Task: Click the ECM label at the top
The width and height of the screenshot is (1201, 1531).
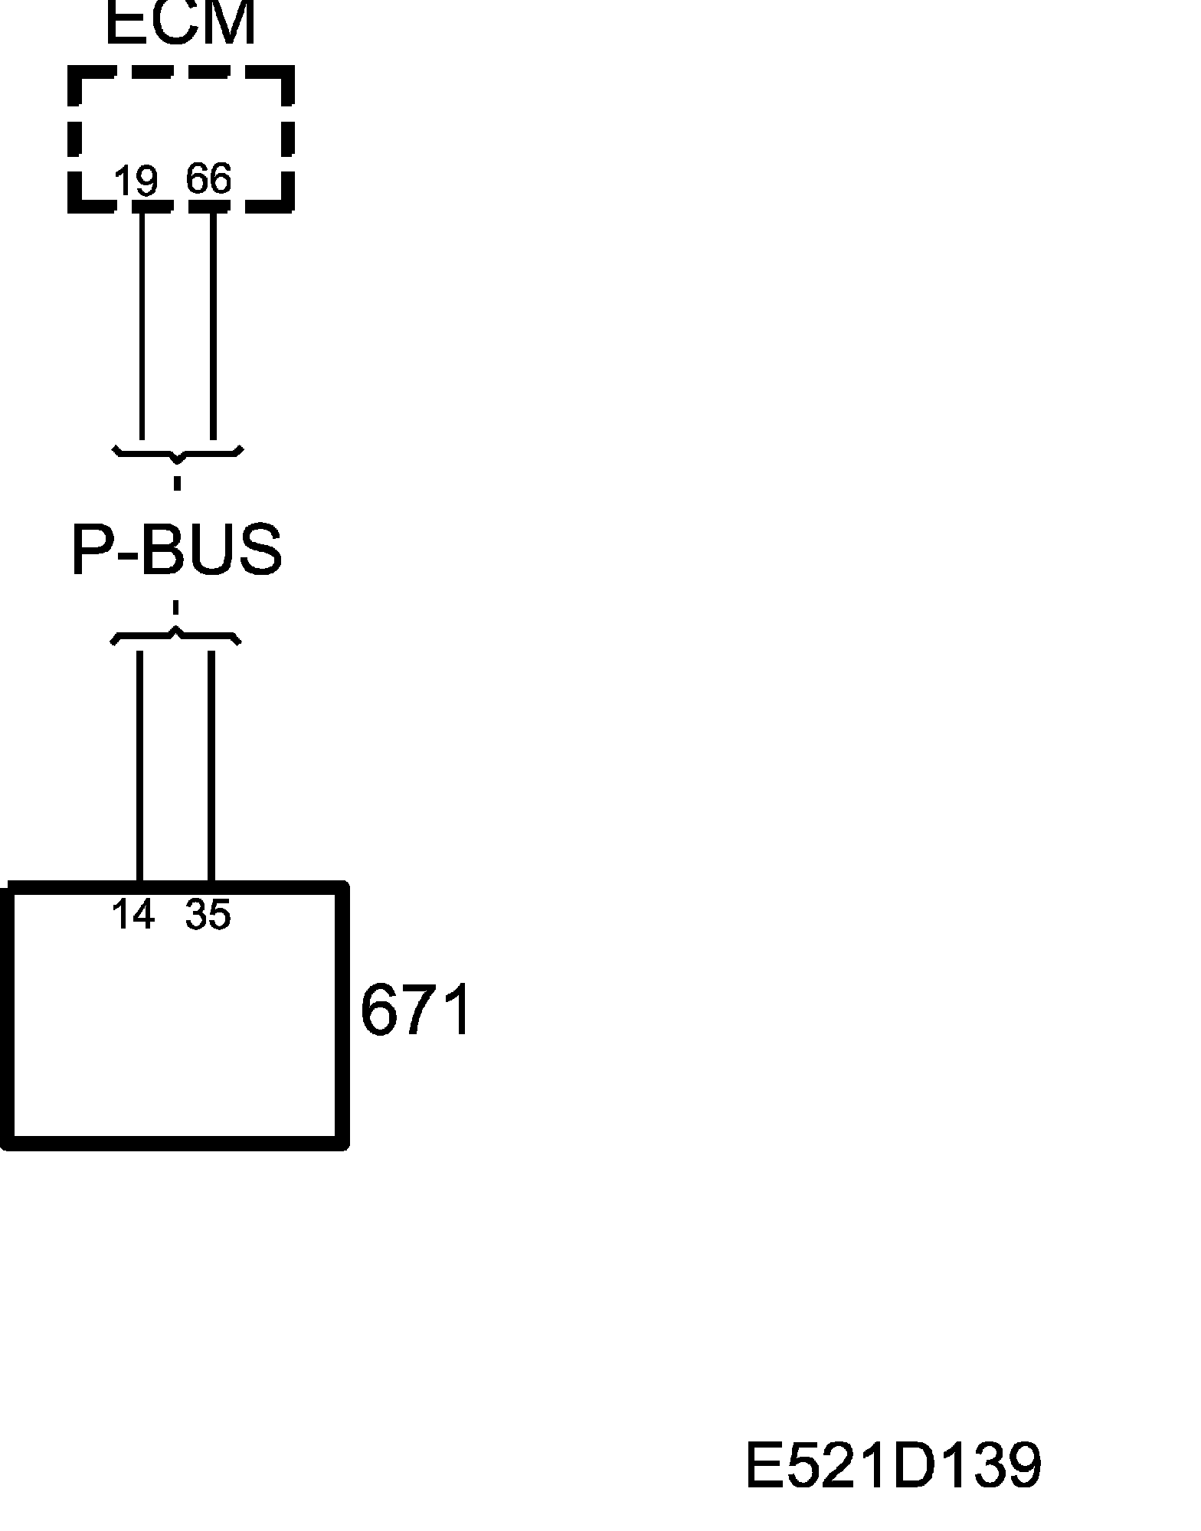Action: pyautogui.click(x=180, y=23)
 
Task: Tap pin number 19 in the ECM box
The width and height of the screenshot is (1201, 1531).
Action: pyautogui.click(x=136, y=181)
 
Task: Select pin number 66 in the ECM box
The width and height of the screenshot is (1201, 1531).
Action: pyautogui.click(x=208, y=180)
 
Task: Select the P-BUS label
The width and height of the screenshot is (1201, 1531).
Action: pyautogui.click(x=176, y=550)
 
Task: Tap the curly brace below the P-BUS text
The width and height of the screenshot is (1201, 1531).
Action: pyautogui.click(x=176, y=636)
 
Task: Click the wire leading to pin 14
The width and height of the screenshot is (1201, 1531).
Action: pyautogui.click(x=139, y=765)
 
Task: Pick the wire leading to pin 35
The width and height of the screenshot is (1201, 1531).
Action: pyautogui.click(x=211, y=765)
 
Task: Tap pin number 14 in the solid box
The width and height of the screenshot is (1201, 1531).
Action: pyautogui.click(x=133, y=914)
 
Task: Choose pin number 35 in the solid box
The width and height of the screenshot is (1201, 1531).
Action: pyautogui.click(x=208, y=914)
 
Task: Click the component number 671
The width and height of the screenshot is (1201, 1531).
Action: pyautogui.click(x=414, y=1010)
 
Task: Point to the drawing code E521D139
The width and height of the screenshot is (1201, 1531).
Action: pyautogui.click(x=893, y=1466)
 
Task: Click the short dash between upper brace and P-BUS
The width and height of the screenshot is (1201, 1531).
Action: pyautogui.click(x=178, y=483)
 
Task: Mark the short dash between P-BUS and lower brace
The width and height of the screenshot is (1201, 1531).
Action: pyautogui.click(x=176, y=608)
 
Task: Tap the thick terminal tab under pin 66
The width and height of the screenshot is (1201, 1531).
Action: pyautogui.click(x=209, y=206)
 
